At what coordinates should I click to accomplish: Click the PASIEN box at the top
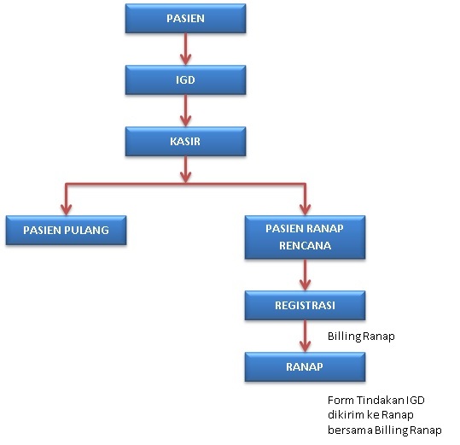pos(185,18)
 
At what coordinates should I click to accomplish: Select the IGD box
pos(185,79)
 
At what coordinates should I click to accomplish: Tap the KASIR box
pos(185,141)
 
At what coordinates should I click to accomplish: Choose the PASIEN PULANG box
pos(66,230)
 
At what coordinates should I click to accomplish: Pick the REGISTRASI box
pos(306,305)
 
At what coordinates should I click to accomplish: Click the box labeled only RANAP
pos(306,366)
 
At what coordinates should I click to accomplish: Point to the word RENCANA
pos(306,246)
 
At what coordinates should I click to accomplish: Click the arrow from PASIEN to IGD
pos(185,49)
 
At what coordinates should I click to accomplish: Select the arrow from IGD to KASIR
pos(185,111)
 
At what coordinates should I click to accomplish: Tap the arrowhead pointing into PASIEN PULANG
pos(66,209)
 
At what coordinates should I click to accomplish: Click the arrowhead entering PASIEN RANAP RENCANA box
pos(306,209)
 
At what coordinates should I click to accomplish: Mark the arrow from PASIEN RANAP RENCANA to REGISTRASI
pos(306,275)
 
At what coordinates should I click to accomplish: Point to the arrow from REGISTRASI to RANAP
pos(306,336)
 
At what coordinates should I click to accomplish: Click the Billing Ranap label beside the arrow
pos(361,337)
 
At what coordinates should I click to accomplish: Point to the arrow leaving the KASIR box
pos(185,170)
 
